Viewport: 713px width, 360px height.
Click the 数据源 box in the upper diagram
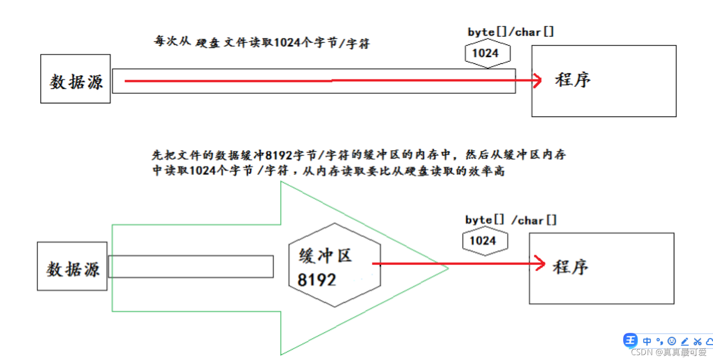click(75, 79)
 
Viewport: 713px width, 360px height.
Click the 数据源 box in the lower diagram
click(72, 266)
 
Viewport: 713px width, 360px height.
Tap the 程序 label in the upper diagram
click(572, 80)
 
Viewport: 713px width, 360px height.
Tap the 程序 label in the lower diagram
click(570, 267)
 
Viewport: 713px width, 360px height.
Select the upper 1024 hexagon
click(487, 53)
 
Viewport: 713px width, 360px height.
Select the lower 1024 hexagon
click(485, 241)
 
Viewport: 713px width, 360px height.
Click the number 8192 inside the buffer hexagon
click(316, 280)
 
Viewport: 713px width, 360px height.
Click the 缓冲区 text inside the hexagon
click(325, 255)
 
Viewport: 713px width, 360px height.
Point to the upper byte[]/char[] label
click(510, 32)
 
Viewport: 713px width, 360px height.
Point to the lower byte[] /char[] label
click(511, 220)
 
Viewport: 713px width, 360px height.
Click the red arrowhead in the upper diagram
click(537, 80)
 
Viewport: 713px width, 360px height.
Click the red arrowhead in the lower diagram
click(540, 263)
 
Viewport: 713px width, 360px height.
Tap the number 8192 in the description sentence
click(279, 155)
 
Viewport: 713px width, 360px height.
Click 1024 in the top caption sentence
click(286, 43)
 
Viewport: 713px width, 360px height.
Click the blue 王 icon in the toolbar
click(630, 340)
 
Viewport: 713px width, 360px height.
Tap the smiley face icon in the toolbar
click(671, 341)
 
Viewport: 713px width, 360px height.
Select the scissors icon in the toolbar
click(697, 342)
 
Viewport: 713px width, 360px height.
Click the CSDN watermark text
click(668, 353)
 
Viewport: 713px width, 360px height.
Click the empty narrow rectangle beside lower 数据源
click(190, 266)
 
